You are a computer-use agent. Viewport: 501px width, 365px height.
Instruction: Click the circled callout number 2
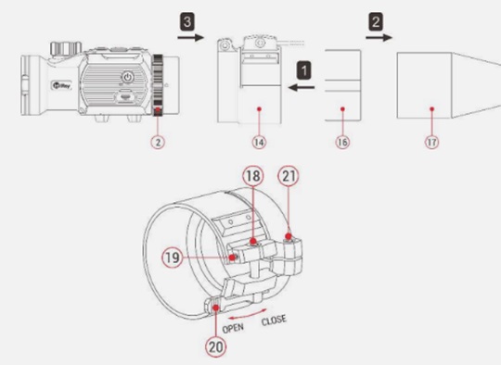(x=158, y=142)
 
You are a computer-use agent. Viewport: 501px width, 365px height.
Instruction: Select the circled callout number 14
(x=259, y=142)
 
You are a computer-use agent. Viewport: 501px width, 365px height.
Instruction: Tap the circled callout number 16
(x=342, y=142)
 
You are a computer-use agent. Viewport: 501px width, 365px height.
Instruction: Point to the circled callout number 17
(x=431, y=142)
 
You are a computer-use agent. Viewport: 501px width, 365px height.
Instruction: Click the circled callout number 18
(x=253, y=176)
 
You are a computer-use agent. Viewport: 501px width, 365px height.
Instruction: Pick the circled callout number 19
(x=173, y=258)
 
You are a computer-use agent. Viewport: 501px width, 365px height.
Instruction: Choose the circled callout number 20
(x=215, y=346)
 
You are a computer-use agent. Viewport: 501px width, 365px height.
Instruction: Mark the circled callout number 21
(x=289, y=176)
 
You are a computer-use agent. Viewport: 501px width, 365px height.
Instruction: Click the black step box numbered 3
(x=186, y=21)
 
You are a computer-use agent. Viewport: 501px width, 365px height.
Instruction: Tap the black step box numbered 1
(x=304, y=70)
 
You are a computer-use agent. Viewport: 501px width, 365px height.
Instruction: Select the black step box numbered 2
(x=376, y=21)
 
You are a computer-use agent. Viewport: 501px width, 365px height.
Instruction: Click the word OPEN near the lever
(x=233, y=328)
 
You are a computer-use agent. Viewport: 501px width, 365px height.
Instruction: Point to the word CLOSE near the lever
(x=274, y=320)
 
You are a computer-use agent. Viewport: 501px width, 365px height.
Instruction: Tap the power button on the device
(x=127, y=77)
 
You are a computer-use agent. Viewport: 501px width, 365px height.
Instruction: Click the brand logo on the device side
(x=61, y=85)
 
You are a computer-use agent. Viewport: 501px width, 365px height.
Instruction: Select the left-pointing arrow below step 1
(x=302, y=87)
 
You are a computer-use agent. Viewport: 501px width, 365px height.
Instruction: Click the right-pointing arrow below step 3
(x=190, y=38)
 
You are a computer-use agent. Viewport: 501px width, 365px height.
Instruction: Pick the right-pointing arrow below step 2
(x=379, y=38)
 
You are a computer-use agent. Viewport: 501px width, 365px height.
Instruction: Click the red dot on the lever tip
(x=216, y=308)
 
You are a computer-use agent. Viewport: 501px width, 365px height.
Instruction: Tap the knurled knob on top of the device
(x=64, y=48)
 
